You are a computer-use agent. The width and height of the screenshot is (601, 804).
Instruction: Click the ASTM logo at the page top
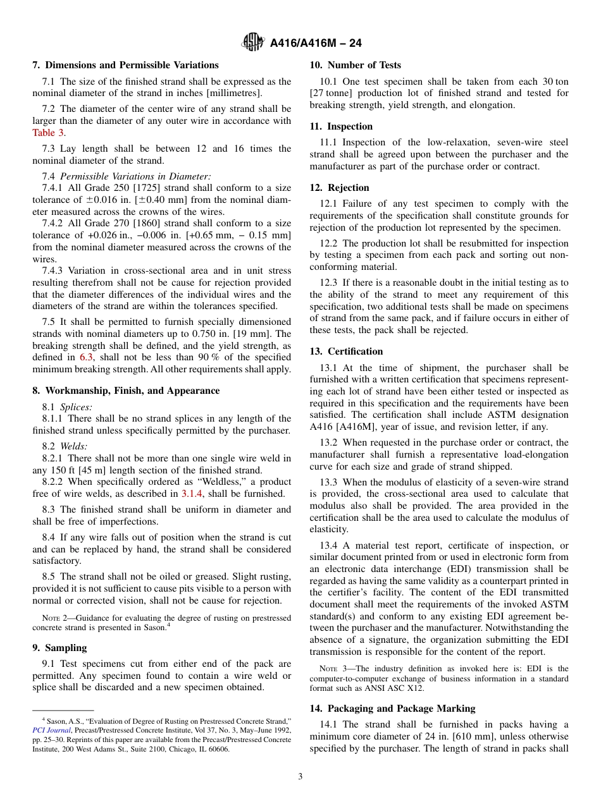coord(253,43)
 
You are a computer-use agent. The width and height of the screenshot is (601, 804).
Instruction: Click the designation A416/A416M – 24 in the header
coord(316,44)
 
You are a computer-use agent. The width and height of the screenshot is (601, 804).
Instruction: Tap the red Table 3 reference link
coord(48,133)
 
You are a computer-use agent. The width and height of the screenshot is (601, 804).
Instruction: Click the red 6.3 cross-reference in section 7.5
coord(86,358)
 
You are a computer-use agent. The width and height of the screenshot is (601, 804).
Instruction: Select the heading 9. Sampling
coord(60,648)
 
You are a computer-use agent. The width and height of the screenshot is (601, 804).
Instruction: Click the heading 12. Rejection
coord(339,188)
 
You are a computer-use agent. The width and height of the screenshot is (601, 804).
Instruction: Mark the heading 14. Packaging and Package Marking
coord(392,709)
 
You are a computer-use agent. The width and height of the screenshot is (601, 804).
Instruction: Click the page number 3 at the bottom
coord(300,776)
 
